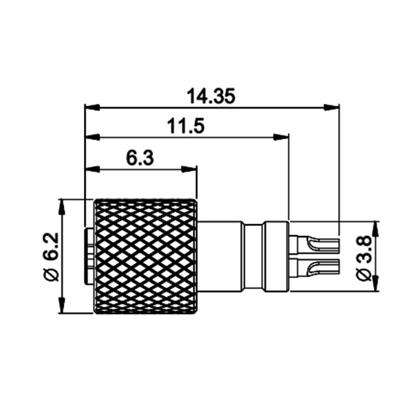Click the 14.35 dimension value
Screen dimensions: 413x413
211,96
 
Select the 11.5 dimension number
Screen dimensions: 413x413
186,126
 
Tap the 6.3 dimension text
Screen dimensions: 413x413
140,158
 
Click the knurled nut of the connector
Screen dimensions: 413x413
146,256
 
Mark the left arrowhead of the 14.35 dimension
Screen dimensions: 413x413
92,107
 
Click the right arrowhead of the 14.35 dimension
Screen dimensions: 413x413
332,107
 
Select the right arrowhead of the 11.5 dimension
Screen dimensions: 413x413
281,137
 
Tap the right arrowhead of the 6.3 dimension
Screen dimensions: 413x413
189,169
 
